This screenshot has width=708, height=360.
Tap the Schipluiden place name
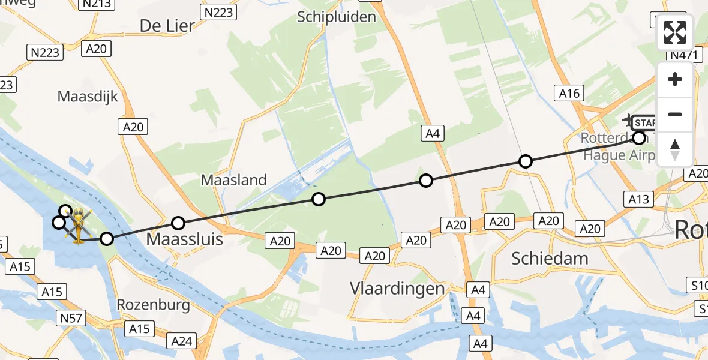coord(337,17)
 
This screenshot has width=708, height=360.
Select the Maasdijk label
coord(88,96)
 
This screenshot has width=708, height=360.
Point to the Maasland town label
coord(233,179)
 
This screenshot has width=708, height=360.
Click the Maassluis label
coord(185,239)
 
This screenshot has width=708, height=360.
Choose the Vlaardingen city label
coord(398,289)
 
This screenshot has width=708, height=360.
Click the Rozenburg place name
coord(154,305)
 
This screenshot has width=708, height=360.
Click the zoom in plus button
coord(675,80)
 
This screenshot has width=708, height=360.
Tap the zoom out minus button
coord(675,114)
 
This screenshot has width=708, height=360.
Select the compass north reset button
coord(675,148)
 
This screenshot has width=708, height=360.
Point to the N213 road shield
coord(95,4)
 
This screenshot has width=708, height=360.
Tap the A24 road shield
coord(182,341)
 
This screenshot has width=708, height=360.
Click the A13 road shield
coord(639,199)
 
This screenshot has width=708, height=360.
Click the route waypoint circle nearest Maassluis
coord(178,224)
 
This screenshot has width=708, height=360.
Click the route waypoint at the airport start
coord(639,138)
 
